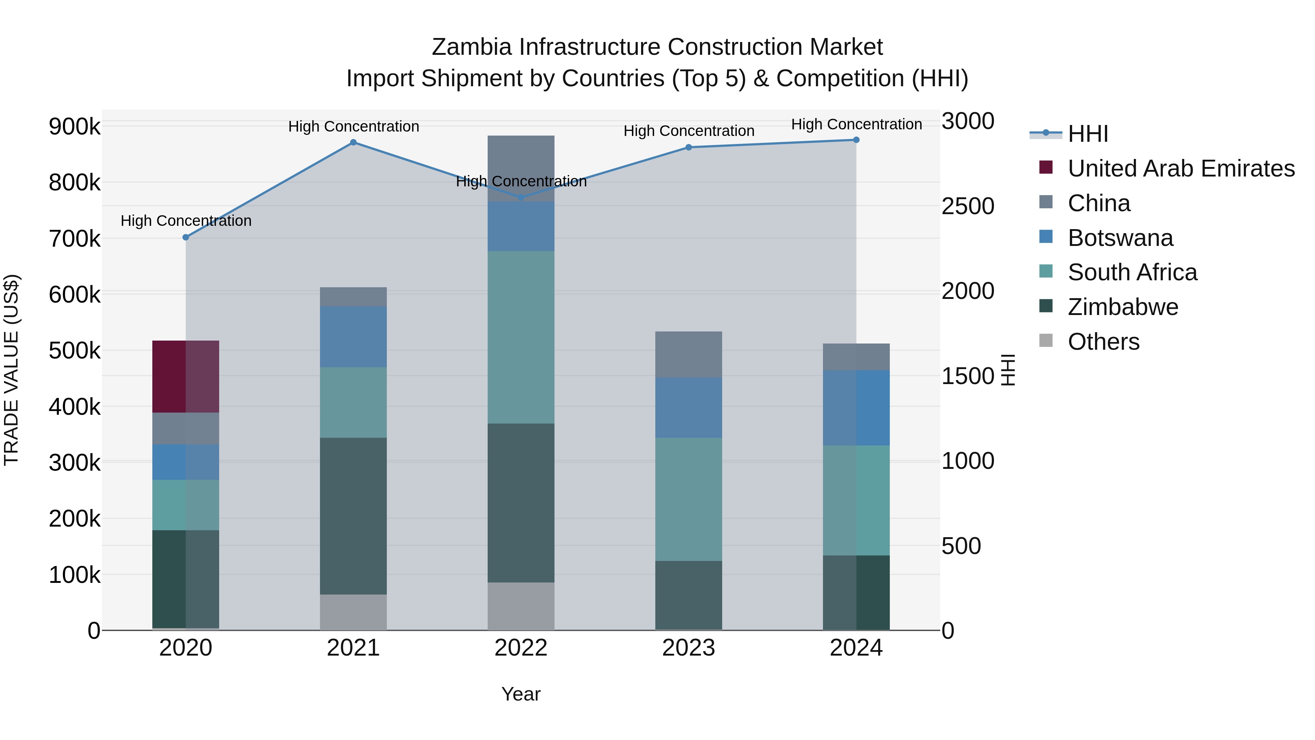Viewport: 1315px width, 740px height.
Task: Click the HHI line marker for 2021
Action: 353,143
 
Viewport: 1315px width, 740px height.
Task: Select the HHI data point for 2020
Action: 186,238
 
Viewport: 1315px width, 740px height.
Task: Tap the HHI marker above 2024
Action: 856,140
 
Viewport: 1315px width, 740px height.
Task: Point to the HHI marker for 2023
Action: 689,147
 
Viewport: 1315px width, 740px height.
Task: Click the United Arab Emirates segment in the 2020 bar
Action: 186,376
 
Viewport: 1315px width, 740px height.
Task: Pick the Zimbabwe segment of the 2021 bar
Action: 353,516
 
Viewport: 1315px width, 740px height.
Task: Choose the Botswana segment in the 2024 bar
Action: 856,407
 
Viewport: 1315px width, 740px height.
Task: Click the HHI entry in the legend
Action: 1087,134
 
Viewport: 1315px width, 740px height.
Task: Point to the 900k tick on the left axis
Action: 75,126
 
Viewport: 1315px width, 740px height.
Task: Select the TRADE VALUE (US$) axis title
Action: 11,370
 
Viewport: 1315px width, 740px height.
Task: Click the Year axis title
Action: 521,694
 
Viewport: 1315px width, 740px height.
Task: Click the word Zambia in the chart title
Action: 471,47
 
